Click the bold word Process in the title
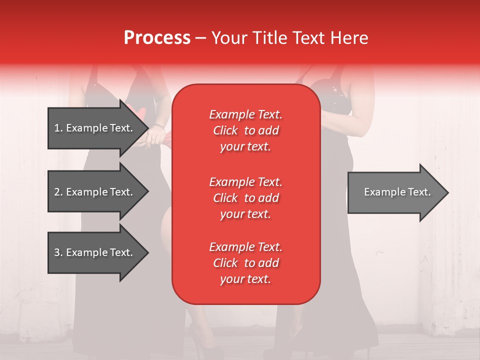(x=157, y=38)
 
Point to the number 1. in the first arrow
(x=58, y=128)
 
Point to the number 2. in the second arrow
(x=58, y=192)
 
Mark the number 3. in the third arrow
(x=58, y=252)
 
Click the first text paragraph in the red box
(x=245, y=130)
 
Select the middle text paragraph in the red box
(x=245, y=198)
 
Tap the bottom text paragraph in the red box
(x=245, y=263)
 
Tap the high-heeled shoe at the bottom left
(x=200, y=340)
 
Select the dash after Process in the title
(x=201, y=38)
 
